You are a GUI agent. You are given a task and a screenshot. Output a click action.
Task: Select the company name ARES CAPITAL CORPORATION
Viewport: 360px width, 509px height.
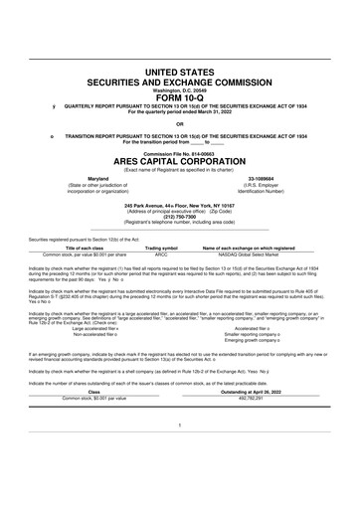tap(179, 163)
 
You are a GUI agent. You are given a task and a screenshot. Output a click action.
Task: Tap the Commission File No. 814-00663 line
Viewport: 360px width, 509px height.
tap(179, 154)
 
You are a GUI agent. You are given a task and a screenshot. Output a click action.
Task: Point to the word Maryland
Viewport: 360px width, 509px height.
tap(97, 179)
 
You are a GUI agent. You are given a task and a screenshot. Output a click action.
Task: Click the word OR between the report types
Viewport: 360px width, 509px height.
tap(179, 123)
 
